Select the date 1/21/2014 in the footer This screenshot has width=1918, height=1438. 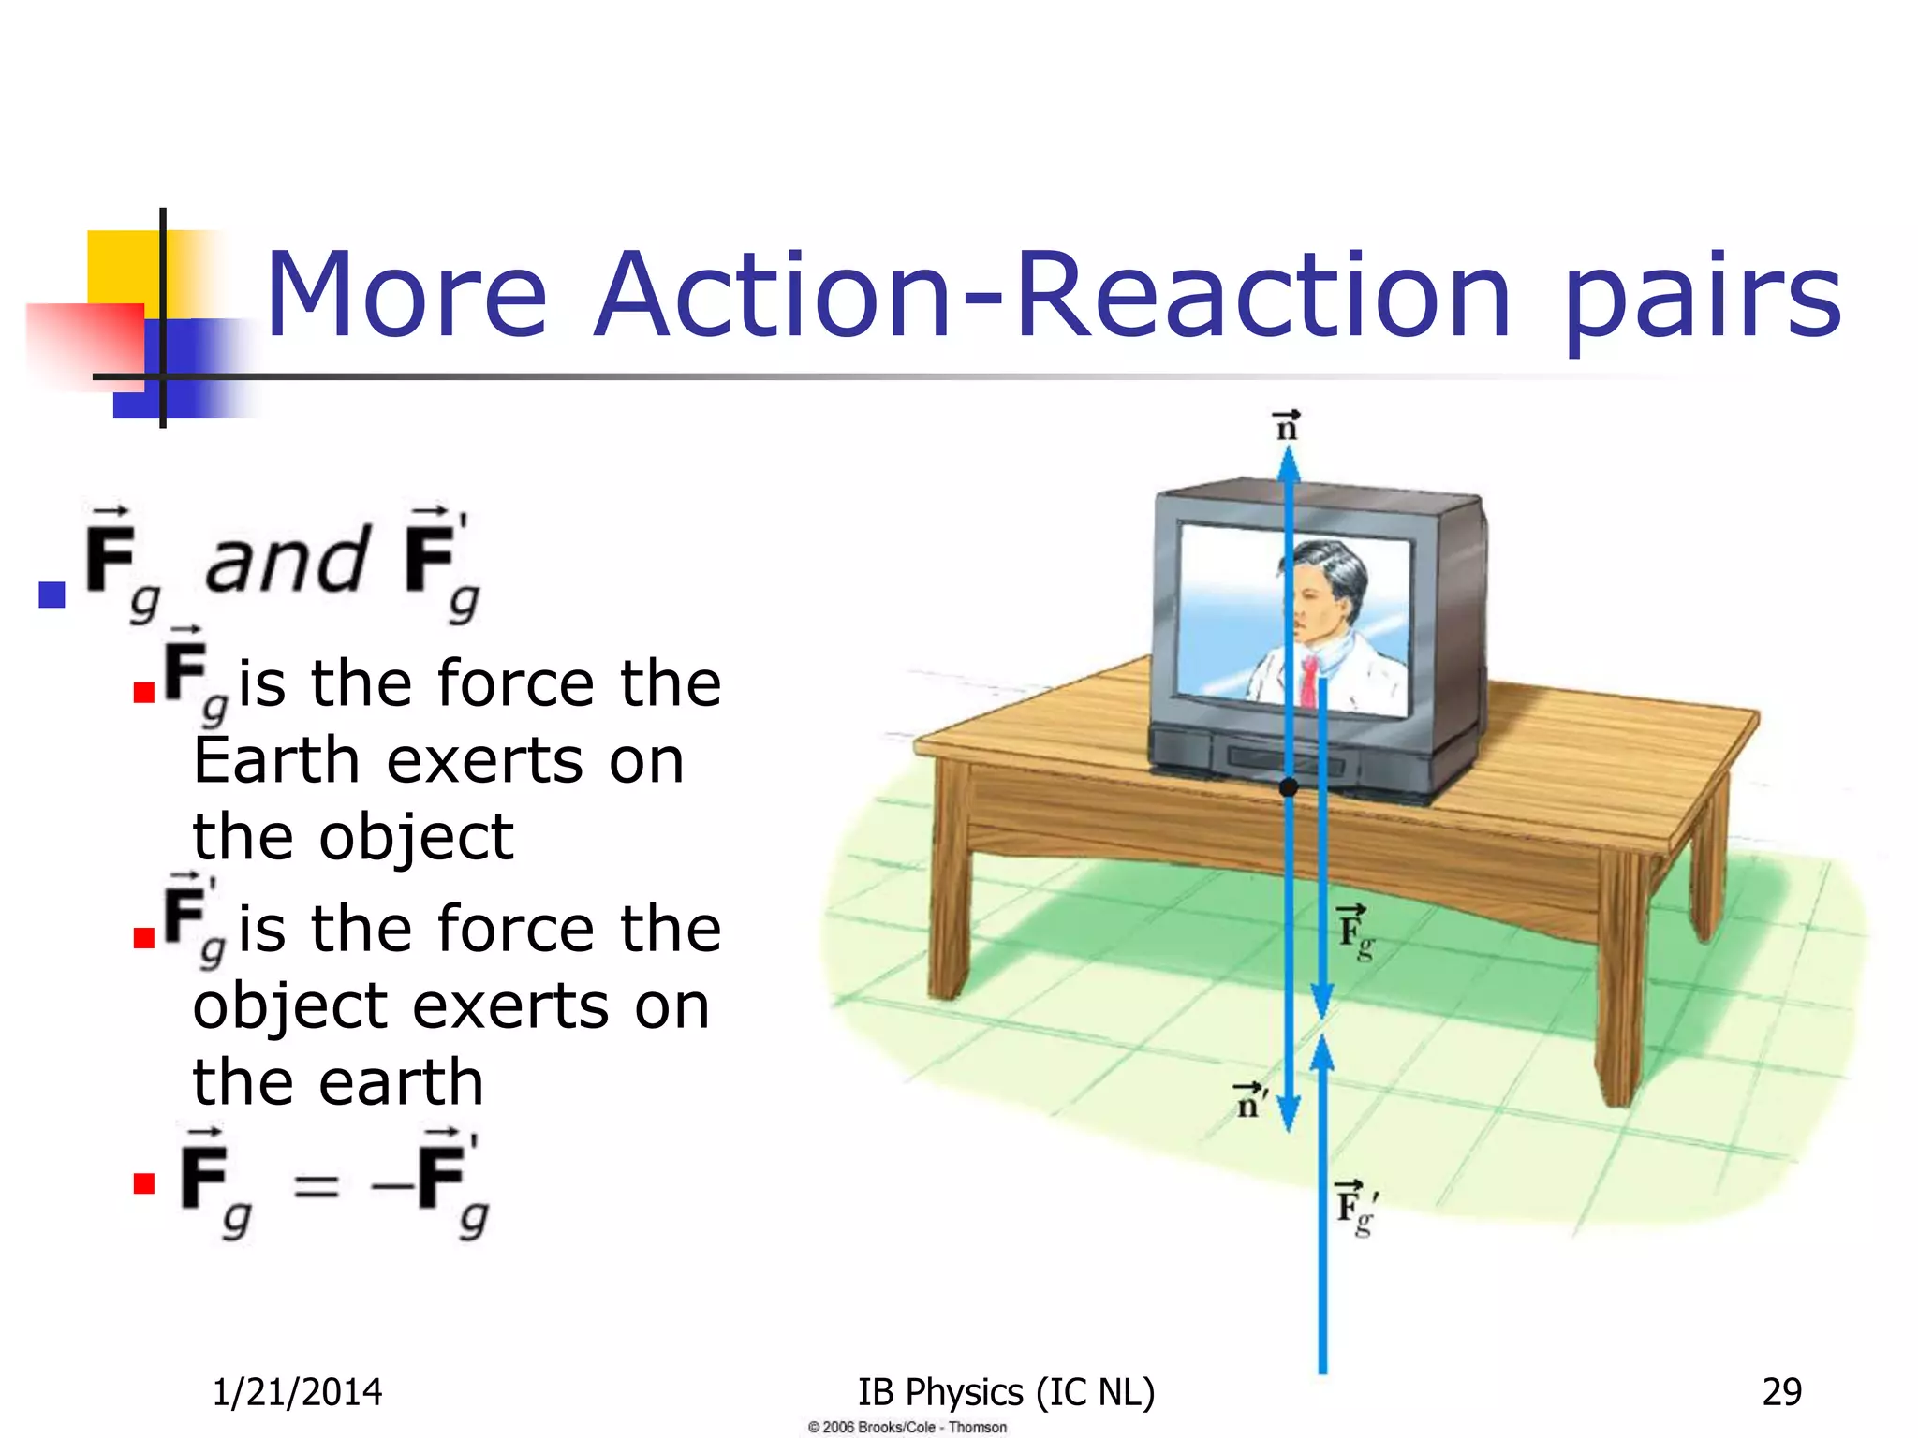coord(297,1392)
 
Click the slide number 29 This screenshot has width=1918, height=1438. coord(1781,1392)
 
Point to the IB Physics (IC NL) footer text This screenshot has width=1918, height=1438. coord(1007,1392)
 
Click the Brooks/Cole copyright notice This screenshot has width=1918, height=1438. coord(907,1427)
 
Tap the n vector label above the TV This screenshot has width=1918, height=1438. coord(1288,426)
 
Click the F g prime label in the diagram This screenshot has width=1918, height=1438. coord(1356,1209)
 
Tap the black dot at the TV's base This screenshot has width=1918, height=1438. coord(1289,787)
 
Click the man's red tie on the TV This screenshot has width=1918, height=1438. coord(1308,682)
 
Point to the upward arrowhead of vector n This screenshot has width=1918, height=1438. coord(1289,463)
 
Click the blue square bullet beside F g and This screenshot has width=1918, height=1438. coord(52,594)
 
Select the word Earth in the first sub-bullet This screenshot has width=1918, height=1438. coord(276,759)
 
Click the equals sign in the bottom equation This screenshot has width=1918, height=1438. coord(316,1186)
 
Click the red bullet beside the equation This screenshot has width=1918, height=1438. coord(143,1183)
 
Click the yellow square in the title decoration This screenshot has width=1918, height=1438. coord(122,267)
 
